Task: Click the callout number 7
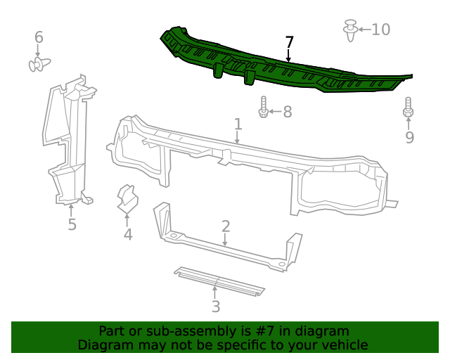(288, 42)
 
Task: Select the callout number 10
(380, 30)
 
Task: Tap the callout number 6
(39, 37)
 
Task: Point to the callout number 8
(287, 112)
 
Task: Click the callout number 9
(409, 137)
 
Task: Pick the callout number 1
(238, 124)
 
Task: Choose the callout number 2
(226, 226)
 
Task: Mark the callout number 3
(216, 307)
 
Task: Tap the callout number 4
(127, 234)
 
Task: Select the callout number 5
(72, 224)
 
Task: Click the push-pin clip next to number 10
(349, 30)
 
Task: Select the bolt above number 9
(408, 109)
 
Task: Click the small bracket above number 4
(127, 199)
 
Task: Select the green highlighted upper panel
(281, 67)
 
